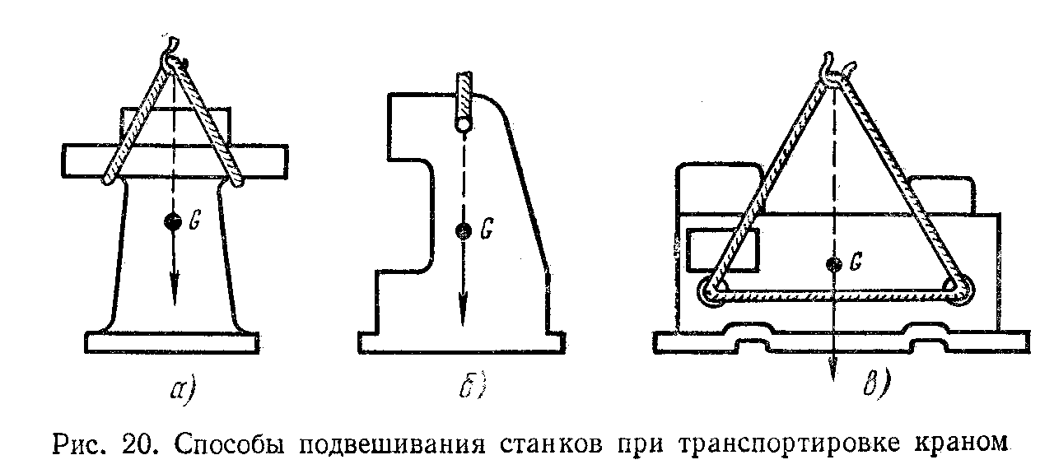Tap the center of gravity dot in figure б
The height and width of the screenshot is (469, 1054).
[464, 231]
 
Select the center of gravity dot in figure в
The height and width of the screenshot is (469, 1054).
[834, 264]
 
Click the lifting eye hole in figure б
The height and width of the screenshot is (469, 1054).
[464, 124]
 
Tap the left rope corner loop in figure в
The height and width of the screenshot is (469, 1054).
[711, 291]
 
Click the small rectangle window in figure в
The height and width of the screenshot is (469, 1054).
[723, 250]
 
